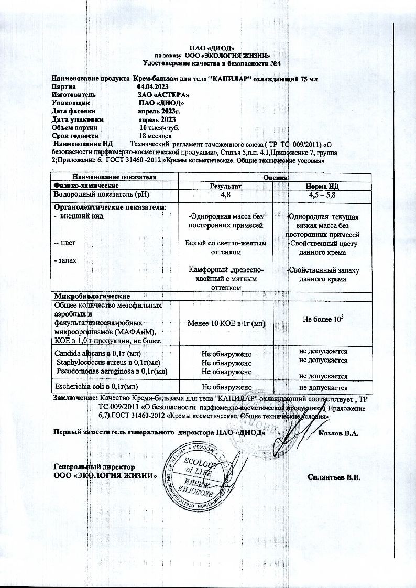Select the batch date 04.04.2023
tap(154, 86)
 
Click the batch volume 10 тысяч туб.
tap(159, 128)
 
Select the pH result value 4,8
tap(226, 194)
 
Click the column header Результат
tap(226, 186)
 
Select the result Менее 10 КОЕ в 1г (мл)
tap(226, 324)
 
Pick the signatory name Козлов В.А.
tap(338, 434)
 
